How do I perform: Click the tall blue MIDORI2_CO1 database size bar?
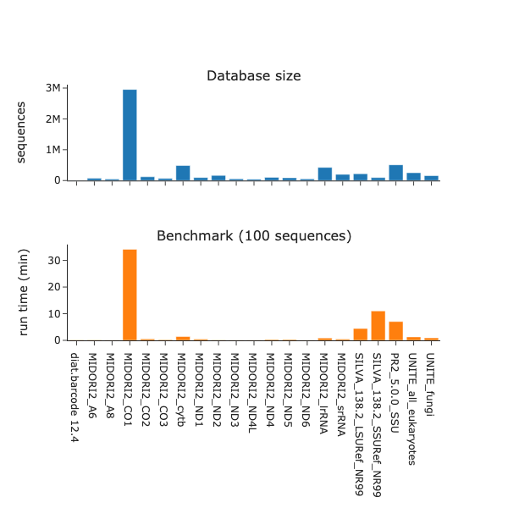point(130,135)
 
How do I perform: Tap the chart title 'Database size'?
point(254,76)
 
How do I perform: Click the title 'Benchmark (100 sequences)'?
point(254,235)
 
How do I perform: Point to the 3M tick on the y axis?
point(52,89)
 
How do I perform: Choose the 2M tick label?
point(52,119)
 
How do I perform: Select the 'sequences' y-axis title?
point(23,131)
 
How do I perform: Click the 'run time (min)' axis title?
point(25,292)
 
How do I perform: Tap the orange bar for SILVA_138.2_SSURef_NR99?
point(378,326)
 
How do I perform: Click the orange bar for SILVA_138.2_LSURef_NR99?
point(360,334)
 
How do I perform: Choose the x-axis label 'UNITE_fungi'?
point(431,377)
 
